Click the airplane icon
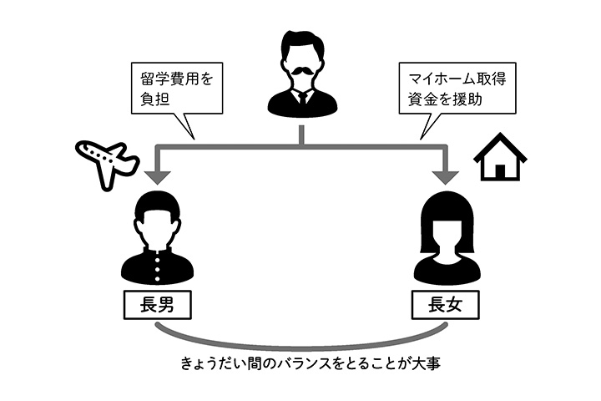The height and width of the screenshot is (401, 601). tap(105, 161)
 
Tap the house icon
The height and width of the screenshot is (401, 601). tap(500, 157)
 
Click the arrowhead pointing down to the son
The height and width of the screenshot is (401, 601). tap(157, 177)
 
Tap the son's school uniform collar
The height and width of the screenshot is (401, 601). tap(158, 254)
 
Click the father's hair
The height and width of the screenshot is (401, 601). tap(301, 43)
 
